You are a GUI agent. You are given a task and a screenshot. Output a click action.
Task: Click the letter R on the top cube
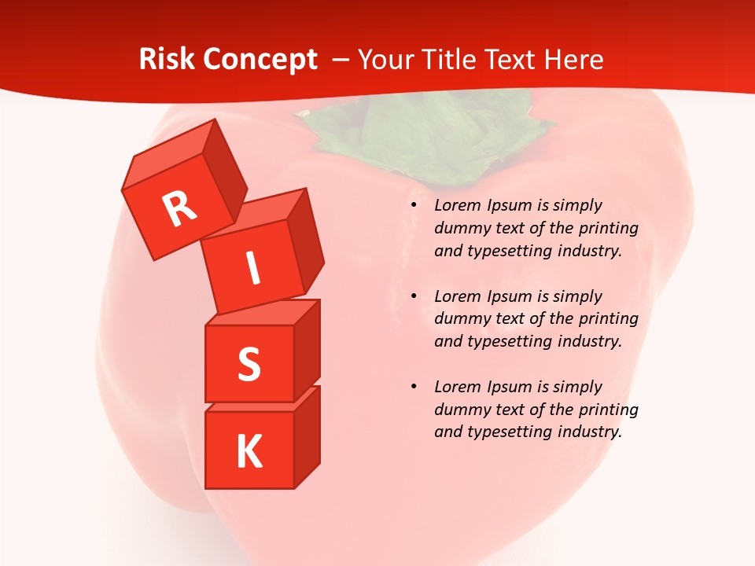(179, 208)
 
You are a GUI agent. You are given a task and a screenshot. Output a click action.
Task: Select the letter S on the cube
(249, 363)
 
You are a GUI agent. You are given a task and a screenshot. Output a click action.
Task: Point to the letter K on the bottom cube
(249, 451)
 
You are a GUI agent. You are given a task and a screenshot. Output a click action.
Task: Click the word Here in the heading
(575, 60)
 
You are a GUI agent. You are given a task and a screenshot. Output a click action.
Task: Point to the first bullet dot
(414, 206)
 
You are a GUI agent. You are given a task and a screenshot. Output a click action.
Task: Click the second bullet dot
(414, 297)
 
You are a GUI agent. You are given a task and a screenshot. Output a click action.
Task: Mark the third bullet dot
(414, 388)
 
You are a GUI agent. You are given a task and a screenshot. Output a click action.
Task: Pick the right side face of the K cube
(307, 440)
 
